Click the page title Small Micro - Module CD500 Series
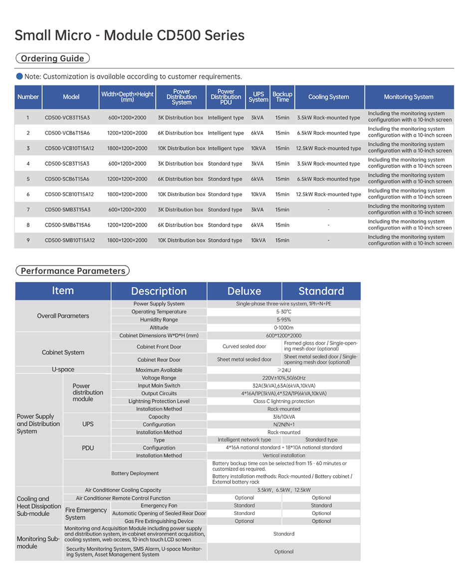click(129, 35)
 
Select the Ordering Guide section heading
click(52, 58)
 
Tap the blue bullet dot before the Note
click(19, 76)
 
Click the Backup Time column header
click(282, 97)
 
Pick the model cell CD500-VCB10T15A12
click(69, 148)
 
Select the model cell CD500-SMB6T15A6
click(67, 225)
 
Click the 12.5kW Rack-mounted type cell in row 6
click(328, 194)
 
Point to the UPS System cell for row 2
click(257, 133)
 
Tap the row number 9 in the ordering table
click(28, 240)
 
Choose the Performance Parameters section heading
click(73, 271)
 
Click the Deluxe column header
click(244, 291)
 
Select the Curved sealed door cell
click(244, 346)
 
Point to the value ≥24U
click(283, 370)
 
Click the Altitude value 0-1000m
click(283, 327)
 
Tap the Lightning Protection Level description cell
click(159, 401)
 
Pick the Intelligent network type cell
click(244, 440)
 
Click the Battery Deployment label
click(135, 473)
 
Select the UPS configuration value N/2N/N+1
click(283, 424)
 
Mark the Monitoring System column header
click(409, 97)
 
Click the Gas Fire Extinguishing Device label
click(159, 521)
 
